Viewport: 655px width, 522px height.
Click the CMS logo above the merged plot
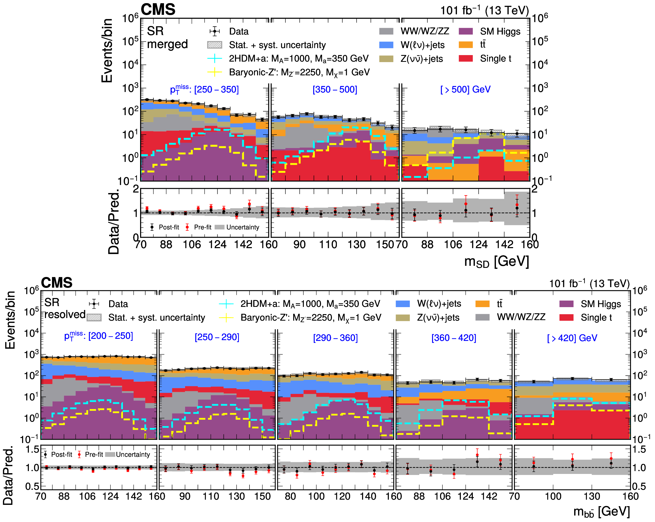[158, 9]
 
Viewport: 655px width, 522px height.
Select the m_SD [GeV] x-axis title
[496, 261]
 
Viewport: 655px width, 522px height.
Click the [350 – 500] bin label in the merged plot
[335, 90]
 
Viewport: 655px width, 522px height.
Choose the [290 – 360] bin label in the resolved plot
[335, 338]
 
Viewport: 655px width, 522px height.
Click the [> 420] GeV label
[572, 338]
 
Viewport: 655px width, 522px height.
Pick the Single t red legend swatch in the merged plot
[466, 58]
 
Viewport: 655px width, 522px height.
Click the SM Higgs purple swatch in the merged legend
[466, 31]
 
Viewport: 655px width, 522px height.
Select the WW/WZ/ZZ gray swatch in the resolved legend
[482, 317]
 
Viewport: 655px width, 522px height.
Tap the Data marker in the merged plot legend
[214, 31]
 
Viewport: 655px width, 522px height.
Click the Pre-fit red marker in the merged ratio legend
[187, 227]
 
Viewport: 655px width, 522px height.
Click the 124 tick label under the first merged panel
[217, 245]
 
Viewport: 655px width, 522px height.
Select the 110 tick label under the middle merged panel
[328, 245]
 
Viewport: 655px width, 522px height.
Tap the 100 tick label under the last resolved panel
[553, 496]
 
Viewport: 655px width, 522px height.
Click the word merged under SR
[167, 44]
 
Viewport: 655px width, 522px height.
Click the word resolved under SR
[65, 315]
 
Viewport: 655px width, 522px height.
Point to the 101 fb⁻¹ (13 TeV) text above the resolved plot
[589, 283]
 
